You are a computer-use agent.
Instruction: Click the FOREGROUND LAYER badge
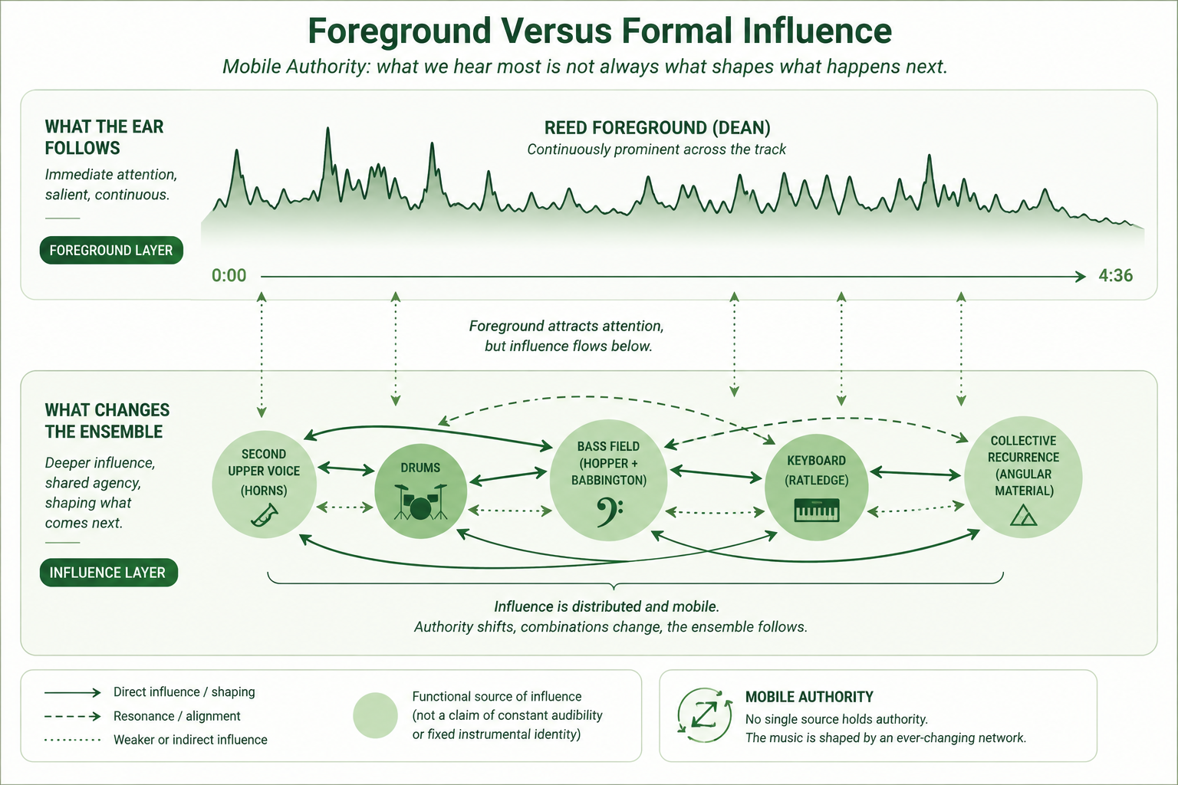click(x=111, y=250)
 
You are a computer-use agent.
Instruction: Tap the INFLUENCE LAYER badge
click(x=109, y=573)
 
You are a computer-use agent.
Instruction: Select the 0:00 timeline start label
click(x=229, y=275)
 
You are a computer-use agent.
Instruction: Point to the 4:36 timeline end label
click(x=1115, y=275)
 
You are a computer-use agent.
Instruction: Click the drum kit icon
click(x=420, y=502)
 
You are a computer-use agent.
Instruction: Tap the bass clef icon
click(x=609, y=512)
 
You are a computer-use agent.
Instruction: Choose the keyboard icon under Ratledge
click(x=816, y=510)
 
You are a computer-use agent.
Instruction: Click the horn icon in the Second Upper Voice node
click(x=265, y=514)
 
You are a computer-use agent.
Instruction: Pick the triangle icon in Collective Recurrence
click(x=1023, y=515)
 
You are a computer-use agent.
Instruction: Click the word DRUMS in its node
click(x=420, y=468)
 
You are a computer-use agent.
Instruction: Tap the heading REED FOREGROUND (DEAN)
click(x=657, y=128)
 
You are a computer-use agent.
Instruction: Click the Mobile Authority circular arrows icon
click(x=705, y=715)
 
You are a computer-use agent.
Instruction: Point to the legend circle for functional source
click(x=375, y=715)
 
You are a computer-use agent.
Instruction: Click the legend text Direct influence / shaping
click(x=184, y=692)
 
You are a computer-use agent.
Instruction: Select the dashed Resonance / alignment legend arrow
click(x=73, y=716)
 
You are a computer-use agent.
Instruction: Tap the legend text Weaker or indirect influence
click(x=190, y=740)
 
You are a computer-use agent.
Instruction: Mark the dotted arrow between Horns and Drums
click(x=345, y=507)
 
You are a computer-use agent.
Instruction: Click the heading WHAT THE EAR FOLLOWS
click(x=104, y=137)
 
